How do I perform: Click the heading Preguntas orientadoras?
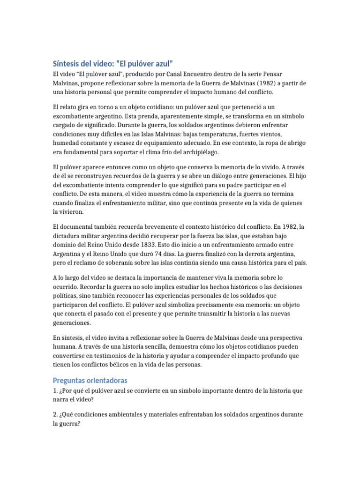90,380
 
